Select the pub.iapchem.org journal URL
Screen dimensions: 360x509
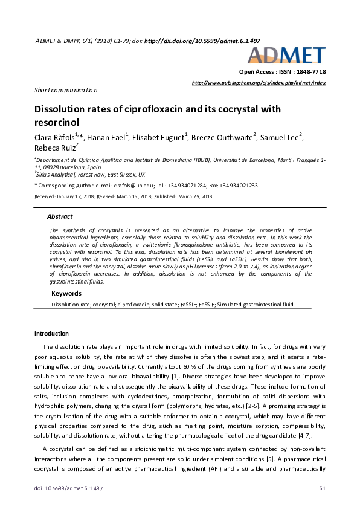pyautogui.click(x=258, y=82)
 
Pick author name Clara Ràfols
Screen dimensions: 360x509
pyautogui.click(x=57, y=138)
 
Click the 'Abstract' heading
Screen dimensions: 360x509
pyautogui.click(x=60, y=216)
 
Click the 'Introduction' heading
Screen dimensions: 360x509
pyautogui.click(x=51, y=333)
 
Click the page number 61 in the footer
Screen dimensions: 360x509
pyautogui.click(x=322, y=488)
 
